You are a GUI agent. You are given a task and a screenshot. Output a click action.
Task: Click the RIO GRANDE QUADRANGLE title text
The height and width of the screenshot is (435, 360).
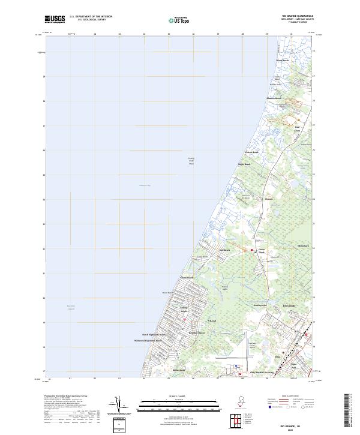(299, 16)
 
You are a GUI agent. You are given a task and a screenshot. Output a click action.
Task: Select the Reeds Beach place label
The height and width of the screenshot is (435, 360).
(282, 61)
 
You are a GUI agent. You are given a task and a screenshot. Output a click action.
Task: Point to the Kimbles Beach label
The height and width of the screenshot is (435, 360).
(274, 98)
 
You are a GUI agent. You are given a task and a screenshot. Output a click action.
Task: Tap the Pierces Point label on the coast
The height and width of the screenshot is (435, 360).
(251, 152)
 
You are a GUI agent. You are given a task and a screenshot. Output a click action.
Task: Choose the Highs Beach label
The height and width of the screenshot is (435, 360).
(244, 164)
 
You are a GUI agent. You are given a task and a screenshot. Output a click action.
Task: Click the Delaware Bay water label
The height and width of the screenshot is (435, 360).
(145, 185)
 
